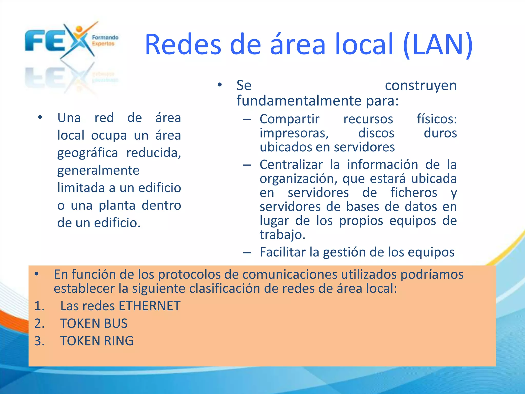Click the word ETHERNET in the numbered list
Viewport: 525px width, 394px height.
[x=149, y=306]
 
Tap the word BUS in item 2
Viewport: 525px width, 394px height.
[x=116, y=323]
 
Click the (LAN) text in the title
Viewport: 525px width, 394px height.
[x=438, y=45]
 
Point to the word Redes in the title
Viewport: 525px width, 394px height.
[x=183, y=45]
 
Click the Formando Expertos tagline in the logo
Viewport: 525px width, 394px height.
[x=105, y=41]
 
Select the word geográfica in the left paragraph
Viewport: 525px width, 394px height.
[x=87, y=153]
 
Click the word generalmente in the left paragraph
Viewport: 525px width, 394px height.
[x=98, y=171]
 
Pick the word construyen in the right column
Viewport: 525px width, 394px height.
[x=421, y=85]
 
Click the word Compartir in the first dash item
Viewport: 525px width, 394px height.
[x=289, y=119]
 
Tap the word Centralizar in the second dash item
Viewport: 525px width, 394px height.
[x=291, y=165]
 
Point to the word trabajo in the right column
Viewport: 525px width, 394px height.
[x=282, y=235]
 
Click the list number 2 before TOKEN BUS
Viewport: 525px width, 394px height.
[x=39, y=323]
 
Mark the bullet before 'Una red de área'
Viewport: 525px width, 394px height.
[x=40, y=118]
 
